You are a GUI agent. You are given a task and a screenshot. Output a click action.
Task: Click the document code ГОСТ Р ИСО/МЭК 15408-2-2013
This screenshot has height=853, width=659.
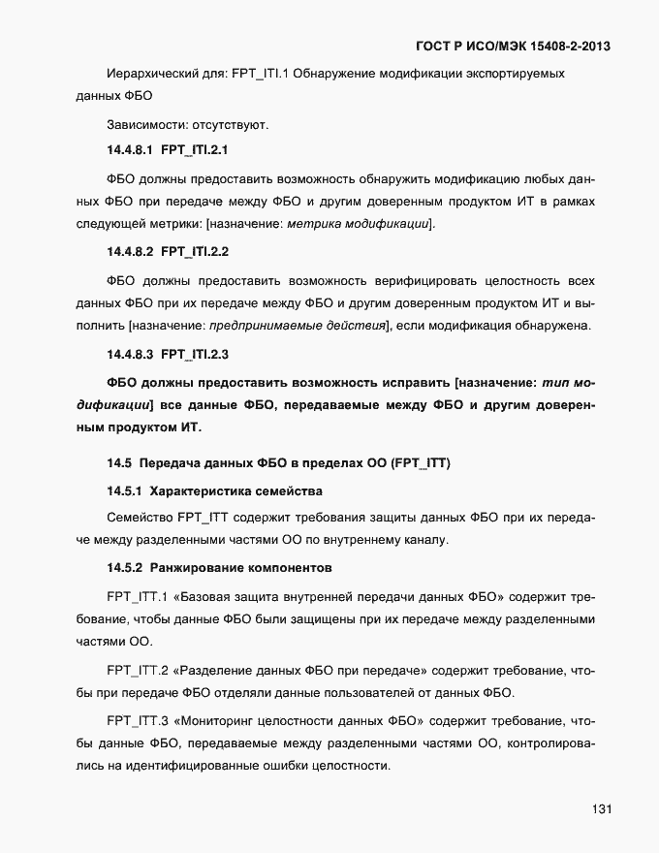coord(512,46)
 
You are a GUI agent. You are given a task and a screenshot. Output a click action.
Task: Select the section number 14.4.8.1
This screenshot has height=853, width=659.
coord(131,150)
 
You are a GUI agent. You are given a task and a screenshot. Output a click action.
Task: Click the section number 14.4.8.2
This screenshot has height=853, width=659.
coord(131,252)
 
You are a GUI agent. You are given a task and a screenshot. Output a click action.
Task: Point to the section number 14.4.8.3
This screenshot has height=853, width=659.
coord(131,354)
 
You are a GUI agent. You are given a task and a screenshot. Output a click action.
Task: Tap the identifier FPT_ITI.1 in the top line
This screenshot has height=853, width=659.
coord(262,74)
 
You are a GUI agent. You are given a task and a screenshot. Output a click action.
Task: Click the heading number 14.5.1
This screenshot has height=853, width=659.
coord(125,490)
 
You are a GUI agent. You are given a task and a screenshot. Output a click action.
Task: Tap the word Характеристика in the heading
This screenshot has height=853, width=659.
coord(203,490)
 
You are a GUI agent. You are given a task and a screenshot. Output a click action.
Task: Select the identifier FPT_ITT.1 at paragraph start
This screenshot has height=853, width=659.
coord(139,592)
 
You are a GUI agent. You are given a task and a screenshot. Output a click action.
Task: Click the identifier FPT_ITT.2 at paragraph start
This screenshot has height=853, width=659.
coord(139,669)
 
